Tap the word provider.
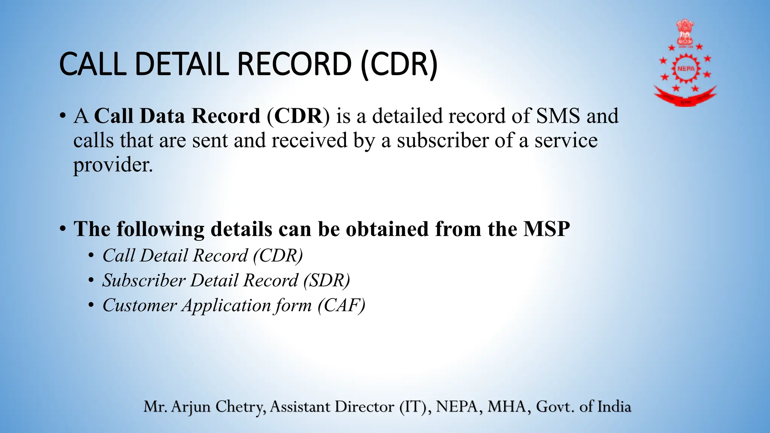113,165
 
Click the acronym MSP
547,229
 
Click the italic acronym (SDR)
327,280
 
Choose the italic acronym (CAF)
341,305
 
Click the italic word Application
226,305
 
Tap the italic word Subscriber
144,280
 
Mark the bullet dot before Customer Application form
91,305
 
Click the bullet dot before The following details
63,229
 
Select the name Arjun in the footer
191,407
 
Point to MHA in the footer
509,407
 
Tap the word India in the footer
614,407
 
